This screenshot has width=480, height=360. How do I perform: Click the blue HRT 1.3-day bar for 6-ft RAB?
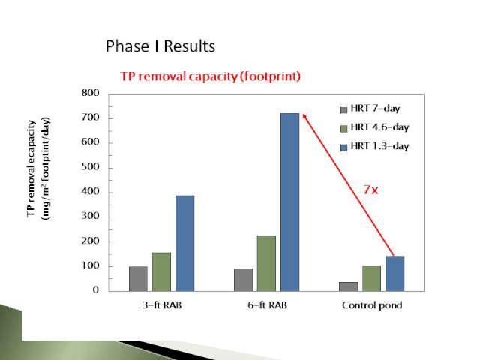click(x=290, y=202)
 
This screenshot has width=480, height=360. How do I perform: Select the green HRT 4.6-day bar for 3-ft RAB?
click(x=161, y=271)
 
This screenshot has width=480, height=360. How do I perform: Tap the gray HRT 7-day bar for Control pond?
click(x=348, y=286)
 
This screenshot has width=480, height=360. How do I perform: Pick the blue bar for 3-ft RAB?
click(x=185, y=243)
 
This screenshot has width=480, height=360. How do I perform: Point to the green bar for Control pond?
click(x=372, y=278)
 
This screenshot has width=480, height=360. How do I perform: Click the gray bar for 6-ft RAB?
click(x=243, y=280)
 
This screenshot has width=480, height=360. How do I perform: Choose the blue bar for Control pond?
click(x=395, y=273)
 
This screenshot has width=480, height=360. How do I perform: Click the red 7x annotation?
click(x=371, y=190)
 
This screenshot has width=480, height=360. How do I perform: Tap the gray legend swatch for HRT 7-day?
click(x=344, y=109)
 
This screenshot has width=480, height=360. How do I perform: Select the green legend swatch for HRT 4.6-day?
click(x=344, y=128)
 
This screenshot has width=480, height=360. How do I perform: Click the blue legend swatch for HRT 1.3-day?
click(x=344, y=148)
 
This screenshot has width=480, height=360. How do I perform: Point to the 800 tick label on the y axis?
click(x=90, y=93)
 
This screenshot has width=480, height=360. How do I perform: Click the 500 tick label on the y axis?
click(x=90, y=167)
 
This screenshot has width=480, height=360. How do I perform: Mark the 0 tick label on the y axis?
click(x=96, y=289)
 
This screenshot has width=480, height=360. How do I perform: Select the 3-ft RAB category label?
click(x=162, y=305)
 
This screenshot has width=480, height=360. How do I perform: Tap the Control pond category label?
click(x=372, y=305)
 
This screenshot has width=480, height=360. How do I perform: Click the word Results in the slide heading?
click(x=190, y=46)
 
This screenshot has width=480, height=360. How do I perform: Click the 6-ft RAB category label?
click(x=268, y=305)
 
